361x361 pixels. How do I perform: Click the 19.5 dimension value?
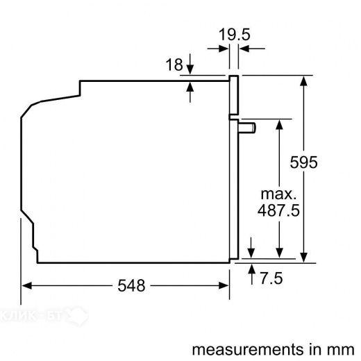click(236, 33)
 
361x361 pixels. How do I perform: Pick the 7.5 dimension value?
click(271, 279)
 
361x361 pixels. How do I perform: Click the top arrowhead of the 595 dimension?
click(303, 81)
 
